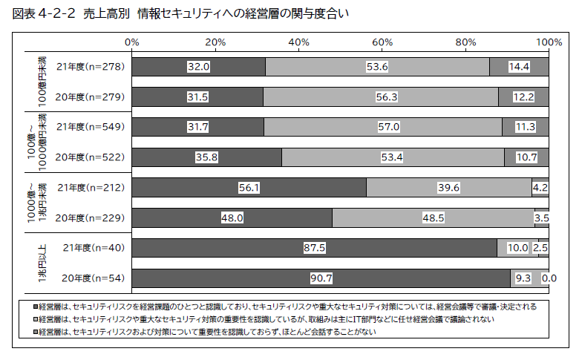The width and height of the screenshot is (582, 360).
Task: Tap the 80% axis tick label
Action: click(x=465, y=42)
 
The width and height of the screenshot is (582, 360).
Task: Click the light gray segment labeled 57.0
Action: click(x=382, y=127)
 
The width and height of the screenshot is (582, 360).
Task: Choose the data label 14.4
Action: click(x=519, y=67)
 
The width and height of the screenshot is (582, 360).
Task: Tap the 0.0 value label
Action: click(x=549, y=278)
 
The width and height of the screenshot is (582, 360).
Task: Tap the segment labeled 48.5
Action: click(x=433, y=217)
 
